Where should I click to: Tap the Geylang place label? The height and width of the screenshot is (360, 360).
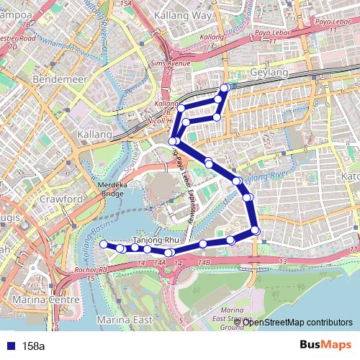(269, 73)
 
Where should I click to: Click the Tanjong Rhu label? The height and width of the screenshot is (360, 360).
(156, 240)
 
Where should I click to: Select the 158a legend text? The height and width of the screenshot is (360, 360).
(33, 346)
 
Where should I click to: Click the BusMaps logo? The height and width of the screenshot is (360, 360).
(325, 345)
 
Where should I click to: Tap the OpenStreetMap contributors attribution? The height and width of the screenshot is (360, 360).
(297, 322)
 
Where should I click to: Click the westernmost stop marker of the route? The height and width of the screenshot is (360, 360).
(103, 245)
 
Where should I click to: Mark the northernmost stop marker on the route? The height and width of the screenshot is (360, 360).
(225, 88)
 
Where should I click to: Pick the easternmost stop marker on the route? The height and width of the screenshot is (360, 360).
(256, 230)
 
